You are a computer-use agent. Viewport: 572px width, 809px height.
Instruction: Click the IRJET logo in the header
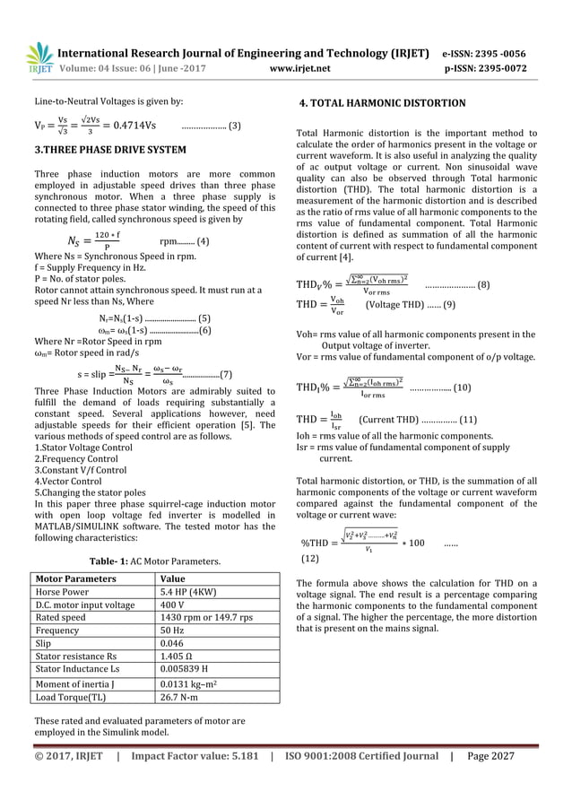tap(39, 57)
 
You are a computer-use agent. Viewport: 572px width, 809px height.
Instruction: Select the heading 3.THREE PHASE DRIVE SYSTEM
tap(110, 150)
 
